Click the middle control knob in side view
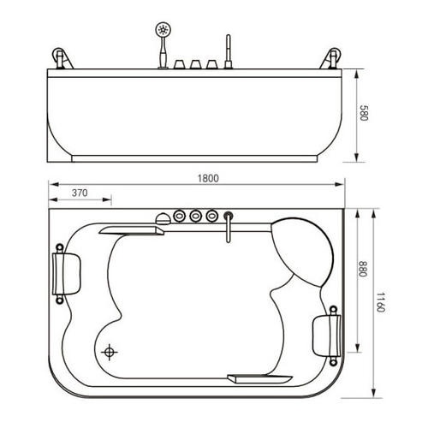click(x=194, y=64)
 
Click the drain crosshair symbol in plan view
click(x=110, y=352)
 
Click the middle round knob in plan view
click(x=195, y=216)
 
